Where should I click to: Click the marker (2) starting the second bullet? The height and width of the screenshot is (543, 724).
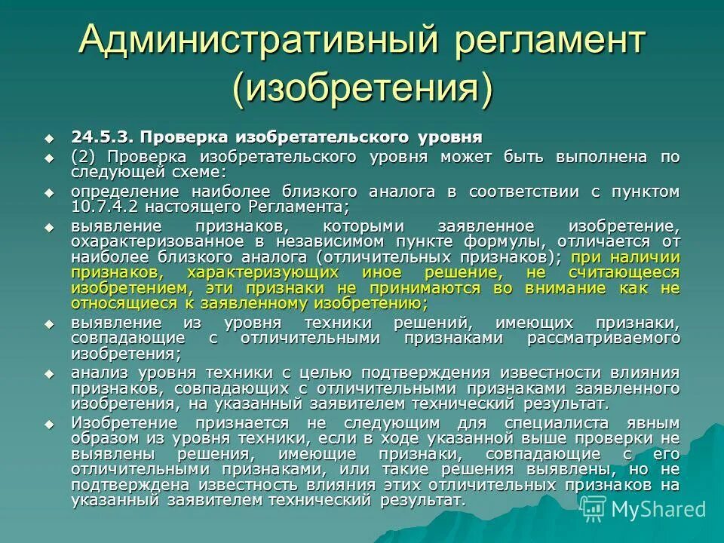[83, 157]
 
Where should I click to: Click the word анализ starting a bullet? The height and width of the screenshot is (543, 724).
[95, 373]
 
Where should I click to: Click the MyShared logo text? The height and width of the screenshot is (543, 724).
[658, 509]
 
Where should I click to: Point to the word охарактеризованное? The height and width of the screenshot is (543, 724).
[157, 241]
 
